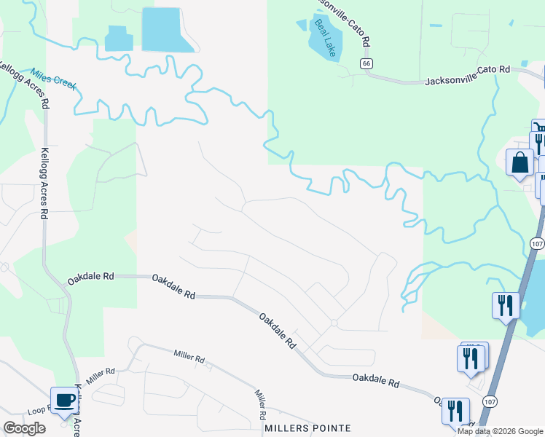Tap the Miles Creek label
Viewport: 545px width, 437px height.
pyautogui.click(x=53, y=79)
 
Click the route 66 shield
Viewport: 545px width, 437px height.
pyautogui.click(x=366, y=64)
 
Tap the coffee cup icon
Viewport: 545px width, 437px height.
pyautogui.click(x=63, y=400)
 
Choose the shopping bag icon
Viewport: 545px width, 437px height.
pyautogui.click(x=520, y=162)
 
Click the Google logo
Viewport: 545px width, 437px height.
pyautogui.click(x=24, y=428)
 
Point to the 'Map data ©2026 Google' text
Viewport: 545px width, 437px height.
pyautogui.click(x=501, y=431)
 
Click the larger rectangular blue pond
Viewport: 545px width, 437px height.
pyautogui.click(x=167, y=29)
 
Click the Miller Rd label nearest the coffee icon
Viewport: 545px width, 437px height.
pyautogui.click(x=101, y=377)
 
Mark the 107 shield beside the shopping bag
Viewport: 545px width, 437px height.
pyautogui.click(x=538, y=243)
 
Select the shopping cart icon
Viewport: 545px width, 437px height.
pyautogui.click(x=539, y=129)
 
